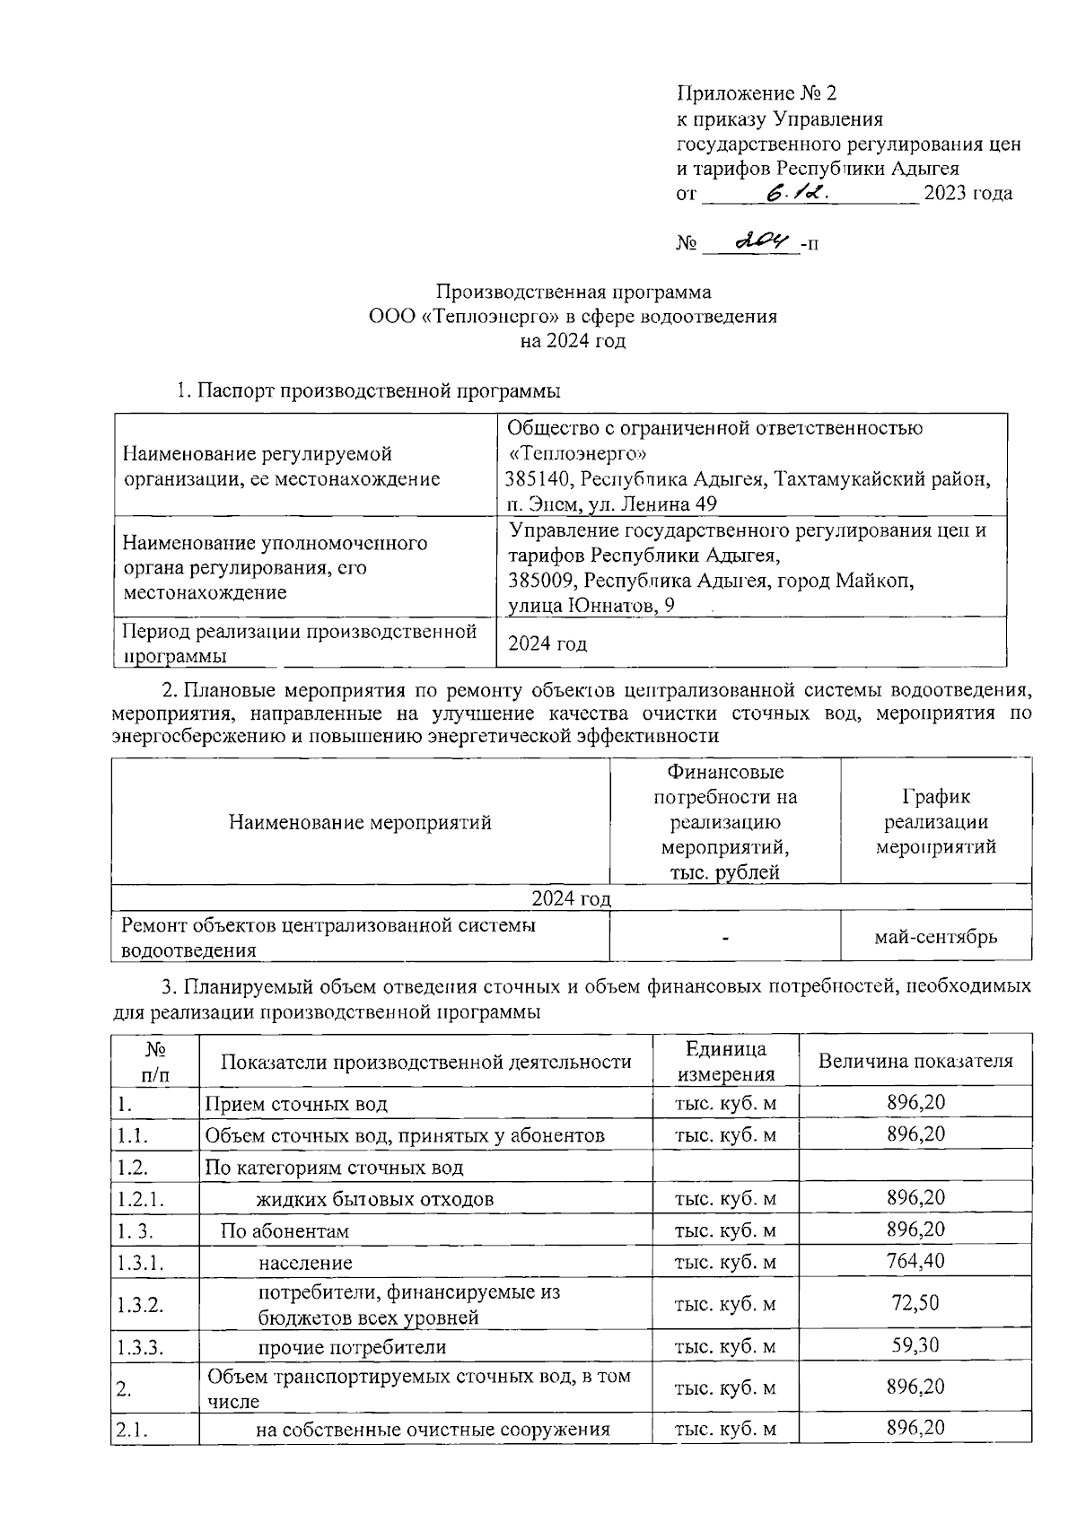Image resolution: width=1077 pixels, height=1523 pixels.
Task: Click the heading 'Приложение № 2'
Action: coord(756,93)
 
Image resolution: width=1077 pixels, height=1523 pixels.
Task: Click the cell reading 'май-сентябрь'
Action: coord(935,937)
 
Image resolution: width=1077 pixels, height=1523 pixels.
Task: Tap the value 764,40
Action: coord(915,1261)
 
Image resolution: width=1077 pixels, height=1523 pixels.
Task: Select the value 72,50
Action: coord(915,1302)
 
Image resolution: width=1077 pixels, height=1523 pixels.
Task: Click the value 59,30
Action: coord(915,1344)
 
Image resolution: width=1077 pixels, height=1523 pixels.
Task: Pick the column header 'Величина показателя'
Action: coord(915,1061)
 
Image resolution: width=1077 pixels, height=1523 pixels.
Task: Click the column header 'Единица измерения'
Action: coord(725,1061)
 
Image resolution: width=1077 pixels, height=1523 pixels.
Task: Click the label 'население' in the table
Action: coord(305,1263)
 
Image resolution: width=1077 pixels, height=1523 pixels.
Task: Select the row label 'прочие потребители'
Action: coord(352,1347)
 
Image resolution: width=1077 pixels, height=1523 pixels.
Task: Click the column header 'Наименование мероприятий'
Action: coord(360,822)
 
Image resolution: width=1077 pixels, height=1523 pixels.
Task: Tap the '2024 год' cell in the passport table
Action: coord(547,643)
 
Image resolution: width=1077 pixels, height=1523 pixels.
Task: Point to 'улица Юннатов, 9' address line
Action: coord(591,606)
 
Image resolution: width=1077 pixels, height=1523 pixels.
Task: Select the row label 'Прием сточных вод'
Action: coord(296,1104)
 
